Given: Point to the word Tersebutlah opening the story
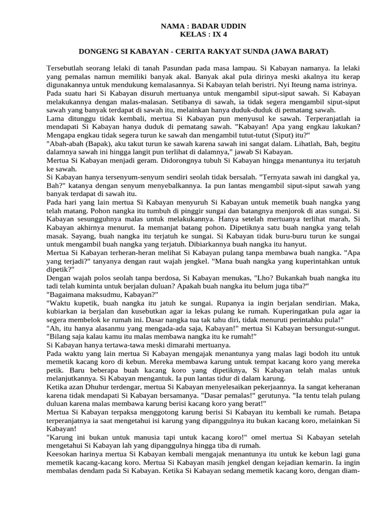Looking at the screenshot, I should [x=66, y=67].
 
